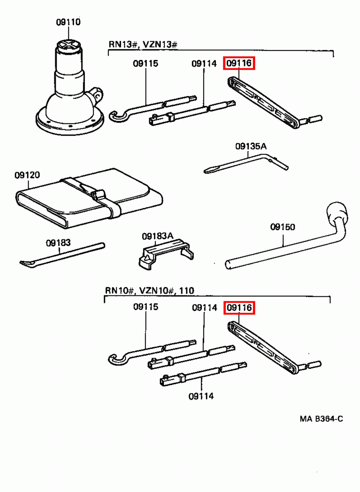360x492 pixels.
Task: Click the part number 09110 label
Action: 68,22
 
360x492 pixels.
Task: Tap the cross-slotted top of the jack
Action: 69,44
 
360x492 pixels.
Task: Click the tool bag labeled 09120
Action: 89,198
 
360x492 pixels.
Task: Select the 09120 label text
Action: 27,175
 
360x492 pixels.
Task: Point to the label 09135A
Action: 251,146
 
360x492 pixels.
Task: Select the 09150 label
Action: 282,227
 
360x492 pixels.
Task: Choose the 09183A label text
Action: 158,236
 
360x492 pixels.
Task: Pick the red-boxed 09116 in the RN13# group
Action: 239,63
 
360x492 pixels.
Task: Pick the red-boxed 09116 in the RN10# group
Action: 239,307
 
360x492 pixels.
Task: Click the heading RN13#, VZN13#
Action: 143,44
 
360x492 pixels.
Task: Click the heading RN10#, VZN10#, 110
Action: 150,290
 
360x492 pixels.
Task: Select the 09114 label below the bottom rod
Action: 201,396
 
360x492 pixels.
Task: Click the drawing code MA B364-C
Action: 321,419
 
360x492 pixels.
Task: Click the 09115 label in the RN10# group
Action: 146,307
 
